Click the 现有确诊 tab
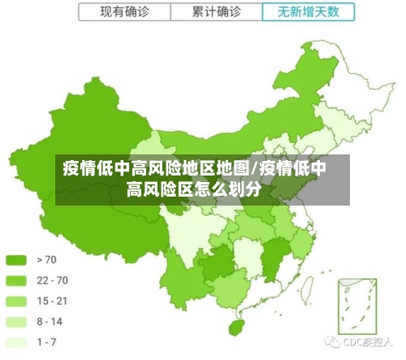click(x=125, y=12)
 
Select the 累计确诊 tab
click(x=217, y=12)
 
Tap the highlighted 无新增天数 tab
click(x=309, y=12)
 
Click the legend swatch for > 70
click(x=17, y=260)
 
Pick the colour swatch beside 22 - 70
click(x=17, y=280)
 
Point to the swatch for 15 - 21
click(x=17, y=301)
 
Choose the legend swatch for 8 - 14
click(x=17, y=321)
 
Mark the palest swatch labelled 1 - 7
click(x=17, y=341)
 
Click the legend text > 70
click(x=47, y=260)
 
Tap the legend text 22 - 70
click(x=52, y=280)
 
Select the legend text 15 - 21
click(x=52, y=301)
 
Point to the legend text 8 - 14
click(x=50, y=321)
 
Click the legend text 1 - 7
click(x=47, y=341)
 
